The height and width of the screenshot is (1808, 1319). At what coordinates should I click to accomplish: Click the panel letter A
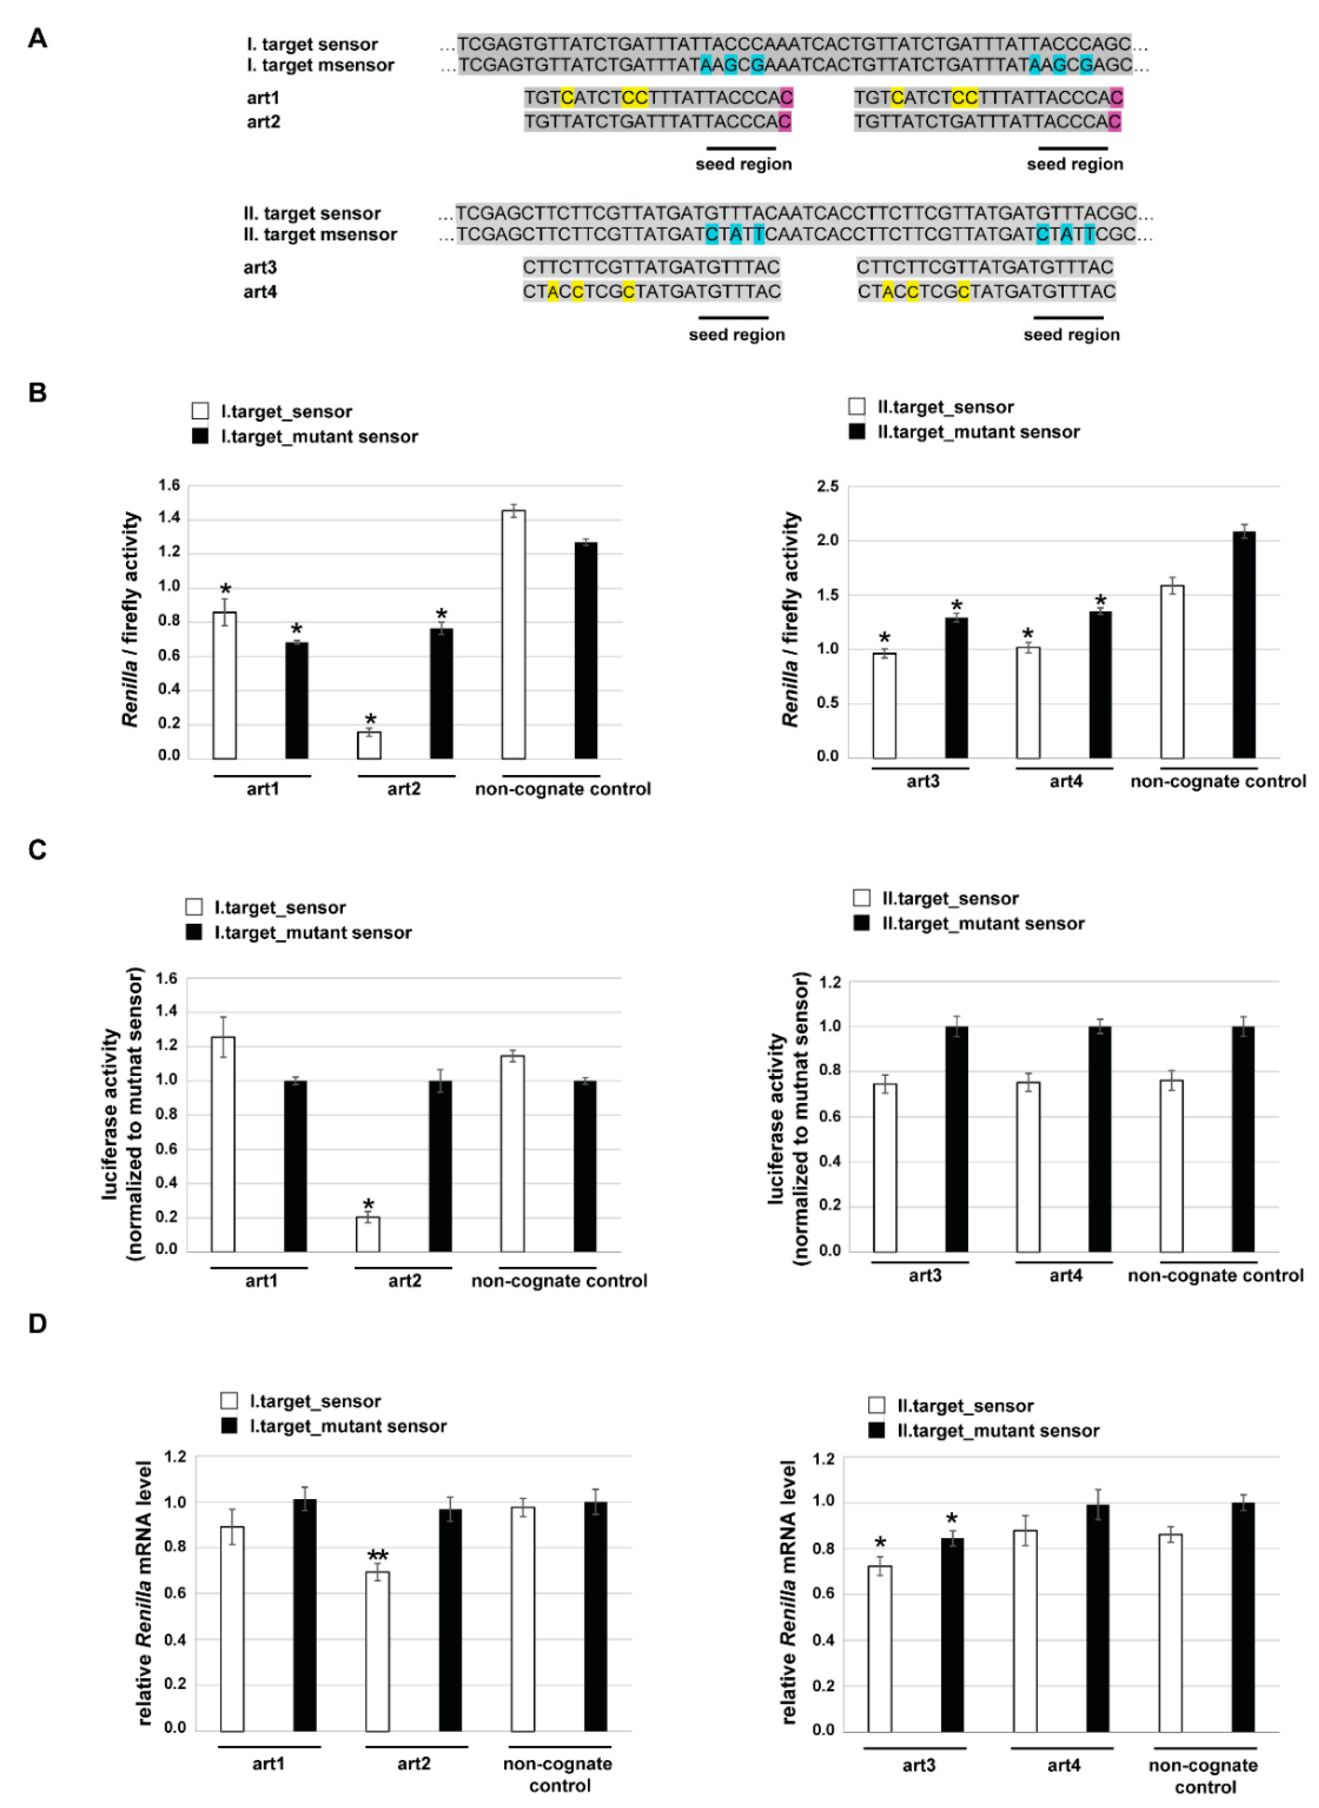[37, 38]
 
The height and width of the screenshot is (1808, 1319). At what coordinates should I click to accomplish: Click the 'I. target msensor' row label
[319, 66]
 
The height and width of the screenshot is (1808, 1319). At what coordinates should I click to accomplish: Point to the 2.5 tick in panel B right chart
[828, 486]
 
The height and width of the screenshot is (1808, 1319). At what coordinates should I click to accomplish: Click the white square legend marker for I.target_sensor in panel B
[200, 411]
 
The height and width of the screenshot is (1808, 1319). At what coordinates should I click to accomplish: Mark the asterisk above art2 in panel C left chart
[368, 1204]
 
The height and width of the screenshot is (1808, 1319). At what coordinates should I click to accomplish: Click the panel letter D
[37, 1324]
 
